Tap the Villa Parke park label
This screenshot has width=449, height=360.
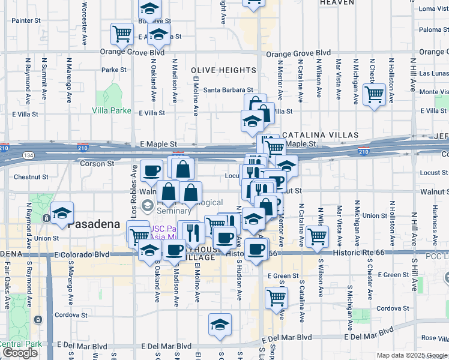point(111,110)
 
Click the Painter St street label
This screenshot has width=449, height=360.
point(26,20)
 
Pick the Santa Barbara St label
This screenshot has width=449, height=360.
point(226,90)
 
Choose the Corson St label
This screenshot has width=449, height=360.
point(94,163)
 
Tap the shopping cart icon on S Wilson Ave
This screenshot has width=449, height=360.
point(317,235)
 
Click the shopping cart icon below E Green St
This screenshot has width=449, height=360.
point(276,297)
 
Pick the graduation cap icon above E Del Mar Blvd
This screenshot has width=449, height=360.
point(220,324)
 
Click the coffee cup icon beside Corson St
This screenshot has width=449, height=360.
point(151,171)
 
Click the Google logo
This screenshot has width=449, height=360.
point(20,353)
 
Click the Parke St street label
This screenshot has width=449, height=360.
point(114,70)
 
